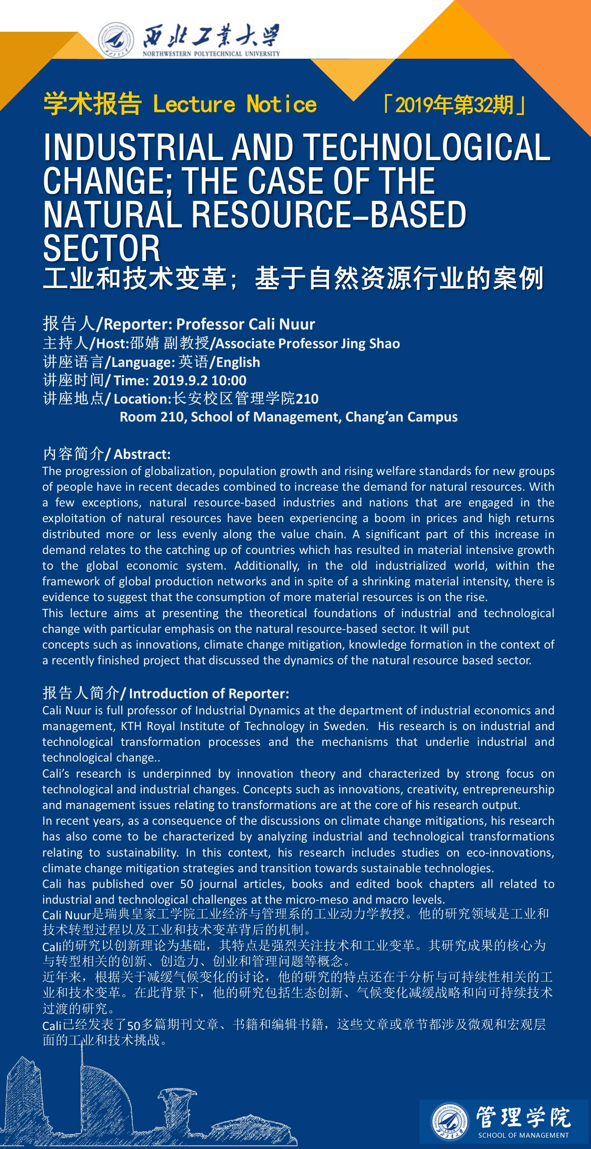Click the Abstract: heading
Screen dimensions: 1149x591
pos(142,454)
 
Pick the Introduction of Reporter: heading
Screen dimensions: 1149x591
pos(209,693)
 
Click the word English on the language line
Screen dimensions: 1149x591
pos(238,362)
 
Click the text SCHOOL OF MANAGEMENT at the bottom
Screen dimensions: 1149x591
pos(523,1135)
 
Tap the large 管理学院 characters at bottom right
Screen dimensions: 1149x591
pos(523,1117)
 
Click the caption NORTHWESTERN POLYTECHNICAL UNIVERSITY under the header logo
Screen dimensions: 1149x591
pos(211,54)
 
